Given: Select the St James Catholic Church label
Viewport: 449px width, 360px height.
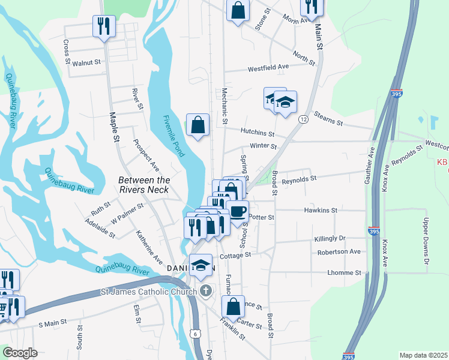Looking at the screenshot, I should pyautogui.click(x=148, y=292).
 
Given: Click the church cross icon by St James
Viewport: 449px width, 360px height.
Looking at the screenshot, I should pyautogui.click(x=206, y=292).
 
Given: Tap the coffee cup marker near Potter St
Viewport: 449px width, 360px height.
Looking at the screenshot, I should pyautogui.click(x=238, y=212).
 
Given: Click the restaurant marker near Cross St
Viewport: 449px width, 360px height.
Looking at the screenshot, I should pyautogui.click(x=104, y=26).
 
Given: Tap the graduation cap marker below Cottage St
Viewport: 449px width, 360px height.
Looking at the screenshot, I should pyautogui.click(x=201, y=265).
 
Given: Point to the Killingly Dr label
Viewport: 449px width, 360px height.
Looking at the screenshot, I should pyautogui.click(x=330, y=239).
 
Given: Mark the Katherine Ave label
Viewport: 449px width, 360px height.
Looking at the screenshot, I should pyautogui.click(x=149, y=247).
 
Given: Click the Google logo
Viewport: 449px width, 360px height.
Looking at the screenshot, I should pyautogui.click(x=20, y=353).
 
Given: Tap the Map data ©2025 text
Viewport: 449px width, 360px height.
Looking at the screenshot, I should pyautogui.click(x=423, y=355).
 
